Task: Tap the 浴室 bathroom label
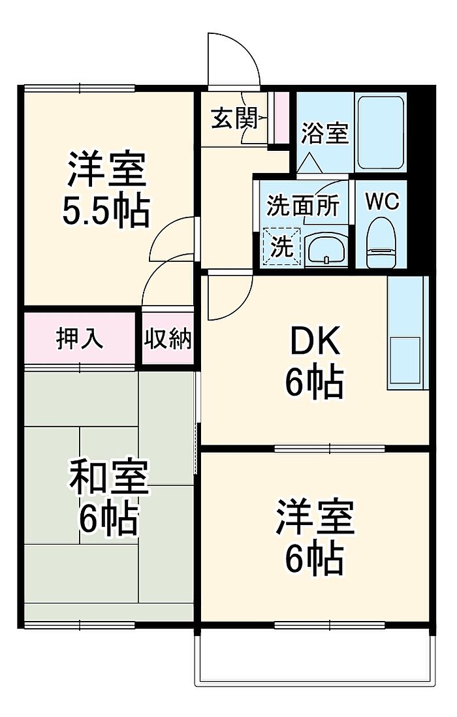click(324, 134)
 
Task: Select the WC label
click(382, 202)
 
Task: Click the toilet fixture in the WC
click(381, 243)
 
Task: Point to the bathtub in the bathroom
click(381, 133)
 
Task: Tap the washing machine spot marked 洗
click(283, 247)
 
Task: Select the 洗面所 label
click(303, 206)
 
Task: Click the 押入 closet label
click(80, 339)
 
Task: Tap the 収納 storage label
click(168, 339)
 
